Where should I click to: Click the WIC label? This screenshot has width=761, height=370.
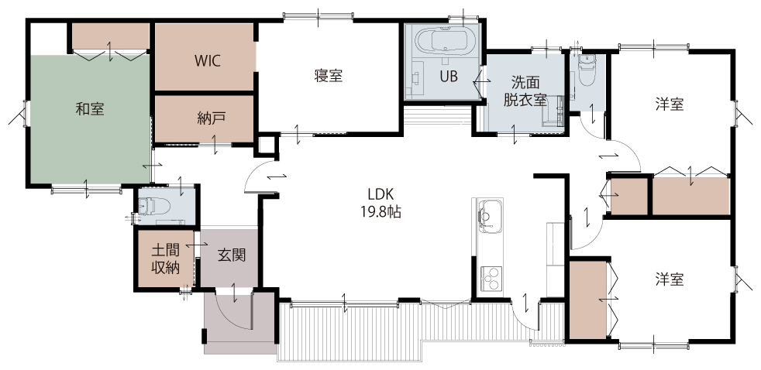pos(208,60)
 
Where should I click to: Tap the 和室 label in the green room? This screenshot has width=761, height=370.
pos(90,108)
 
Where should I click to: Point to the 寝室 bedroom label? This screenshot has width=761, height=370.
pos(329,76)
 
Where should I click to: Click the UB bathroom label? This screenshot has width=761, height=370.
pos(449,76)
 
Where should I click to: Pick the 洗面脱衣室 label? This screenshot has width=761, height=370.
pos(525,91)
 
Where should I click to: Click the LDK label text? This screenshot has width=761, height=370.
pos(380,194)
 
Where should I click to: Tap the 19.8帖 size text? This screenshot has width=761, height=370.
pos(380,211)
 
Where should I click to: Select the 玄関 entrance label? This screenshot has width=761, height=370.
pos(231,255)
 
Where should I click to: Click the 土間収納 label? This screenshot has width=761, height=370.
pos(166,259)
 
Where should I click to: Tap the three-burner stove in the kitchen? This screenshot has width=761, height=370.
pos(492,279)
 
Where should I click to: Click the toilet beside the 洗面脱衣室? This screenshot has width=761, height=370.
pos(587,70)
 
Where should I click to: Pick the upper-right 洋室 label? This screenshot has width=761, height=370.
pos(670,104)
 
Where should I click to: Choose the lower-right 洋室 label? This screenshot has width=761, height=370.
pos(670,279)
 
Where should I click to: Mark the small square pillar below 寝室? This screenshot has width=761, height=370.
pos(266,146)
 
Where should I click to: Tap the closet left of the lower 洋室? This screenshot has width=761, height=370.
pos(587,300)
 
